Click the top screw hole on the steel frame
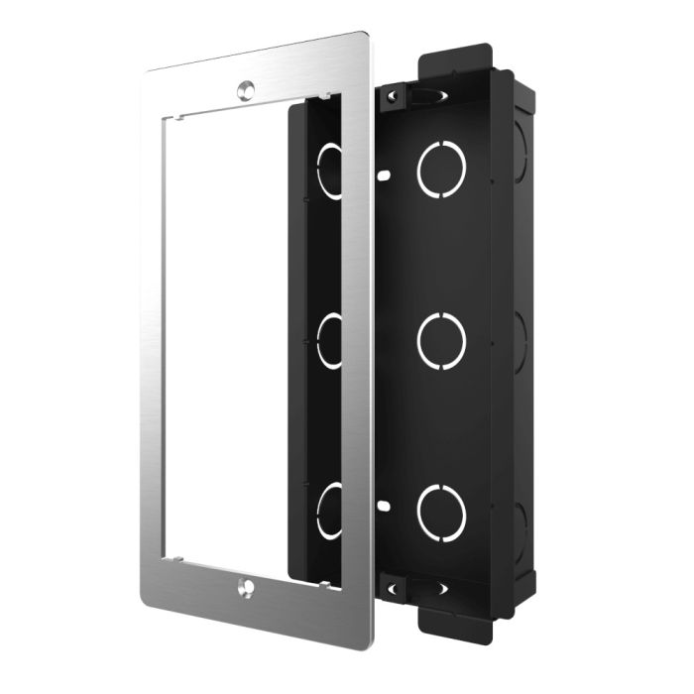pos(244,88)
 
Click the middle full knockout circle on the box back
pos(442,340)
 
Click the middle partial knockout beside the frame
pos(329,340)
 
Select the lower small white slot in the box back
pos(382,506)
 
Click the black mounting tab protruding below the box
pos(457,615)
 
